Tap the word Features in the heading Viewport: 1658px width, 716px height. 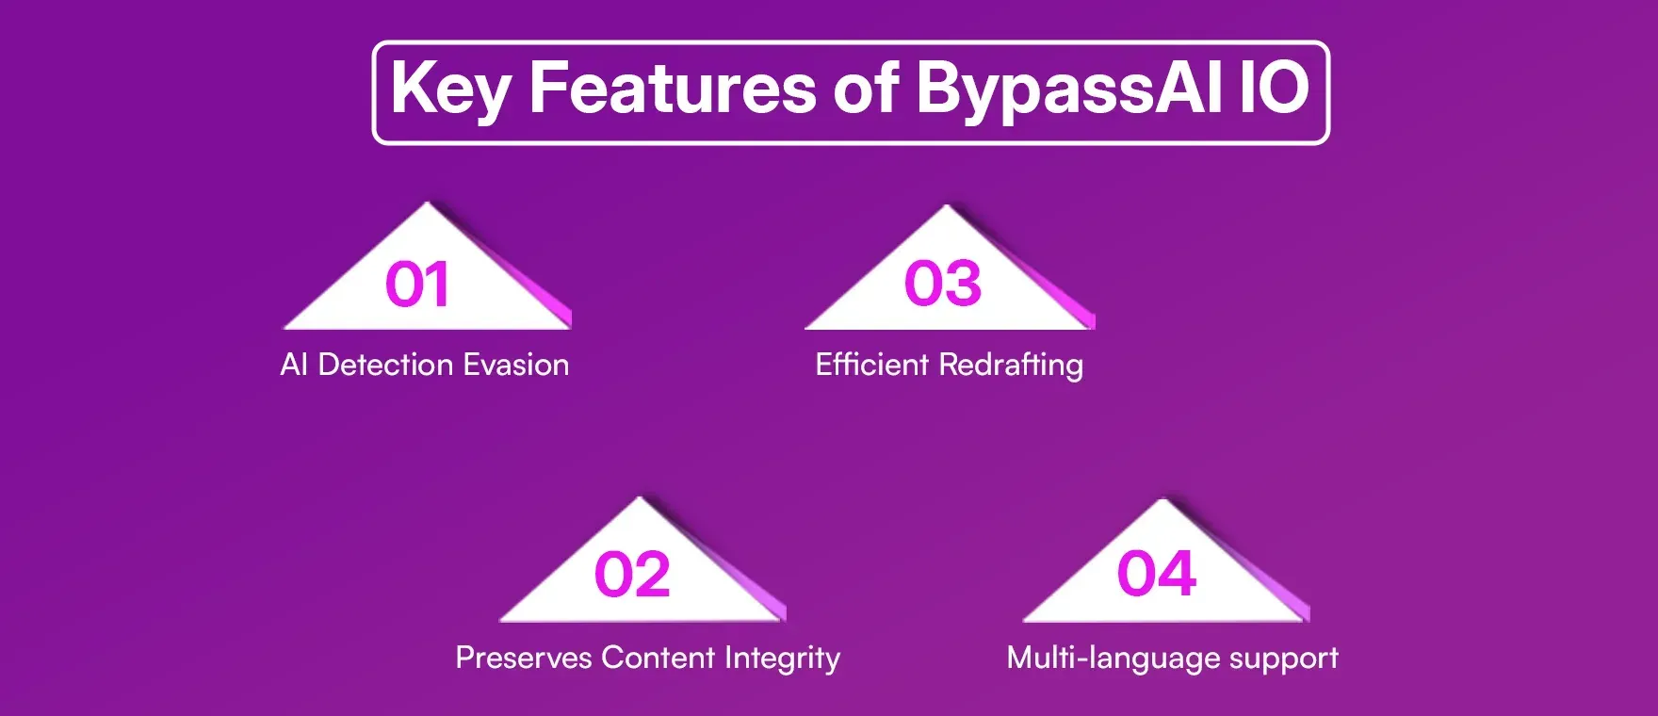pos(672,89)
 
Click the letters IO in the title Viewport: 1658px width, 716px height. pos(1273,89)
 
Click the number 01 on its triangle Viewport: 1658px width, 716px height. pos(416,285)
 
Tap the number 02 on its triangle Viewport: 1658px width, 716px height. pos(632,576)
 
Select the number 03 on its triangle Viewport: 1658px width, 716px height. pos(942,284)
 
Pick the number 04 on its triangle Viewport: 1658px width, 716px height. pos(1156,574)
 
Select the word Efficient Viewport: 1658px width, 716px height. pos(871,365)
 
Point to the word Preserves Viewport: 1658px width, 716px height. pos(523,658)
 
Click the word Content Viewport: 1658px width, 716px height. pos(658,658)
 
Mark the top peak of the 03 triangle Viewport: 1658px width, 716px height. pos(946,208)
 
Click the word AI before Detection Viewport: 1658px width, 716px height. pos(294,365)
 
